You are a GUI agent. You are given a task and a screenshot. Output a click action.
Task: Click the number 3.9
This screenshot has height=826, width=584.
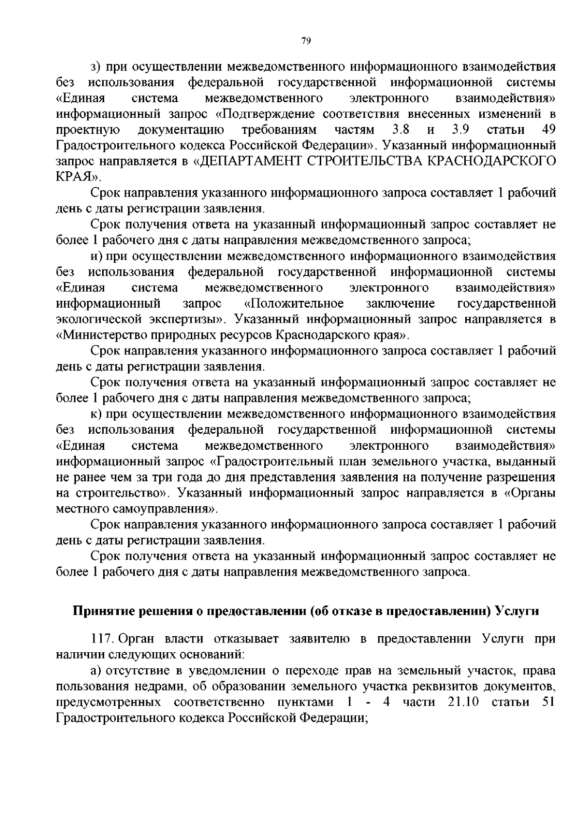[460, 129]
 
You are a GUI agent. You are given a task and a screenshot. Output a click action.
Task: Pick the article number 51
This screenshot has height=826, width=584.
[548, 702]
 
